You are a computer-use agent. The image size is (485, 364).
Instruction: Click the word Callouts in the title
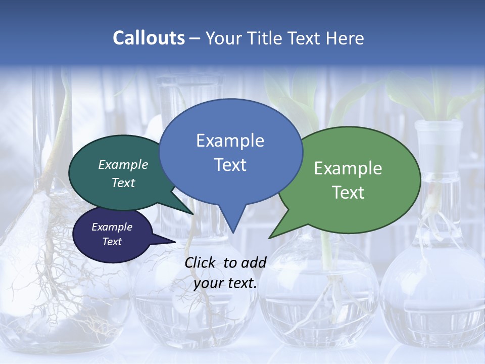149,38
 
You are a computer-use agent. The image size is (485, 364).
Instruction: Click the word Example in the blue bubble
230,141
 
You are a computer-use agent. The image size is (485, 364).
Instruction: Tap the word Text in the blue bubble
230,165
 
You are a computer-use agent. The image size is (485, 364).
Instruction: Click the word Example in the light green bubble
348,168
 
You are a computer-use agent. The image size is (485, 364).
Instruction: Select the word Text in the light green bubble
348,193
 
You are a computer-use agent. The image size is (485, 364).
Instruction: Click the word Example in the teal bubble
123,165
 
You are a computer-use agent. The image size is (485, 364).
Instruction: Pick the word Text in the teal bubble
123,183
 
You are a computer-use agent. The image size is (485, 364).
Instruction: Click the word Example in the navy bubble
112,227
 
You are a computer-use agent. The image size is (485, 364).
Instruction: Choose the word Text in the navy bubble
112,242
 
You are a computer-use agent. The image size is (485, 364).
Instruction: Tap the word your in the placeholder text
208,283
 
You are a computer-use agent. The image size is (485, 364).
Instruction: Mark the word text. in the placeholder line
241,283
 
